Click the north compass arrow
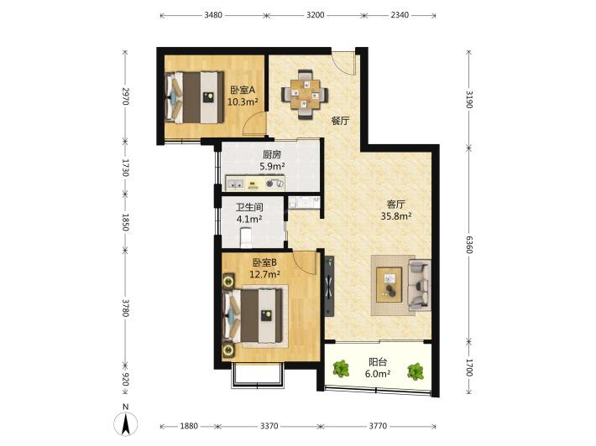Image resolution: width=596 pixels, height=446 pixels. coord(125,424)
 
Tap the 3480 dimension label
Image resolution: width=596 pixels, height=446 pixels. coord(213,15)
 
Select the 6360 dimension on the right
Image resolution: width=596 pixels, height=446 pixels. coord(469,245)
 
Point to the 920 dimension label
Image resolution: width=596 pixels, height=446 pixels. coord(126,379)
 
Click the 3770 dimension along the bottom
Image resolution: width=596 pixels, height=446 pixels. coord(378,426)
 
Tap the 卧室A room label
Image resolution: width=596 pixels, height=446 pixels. coord(243,90)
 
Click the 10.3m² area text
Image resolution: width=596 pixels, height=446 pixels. coord(243,101)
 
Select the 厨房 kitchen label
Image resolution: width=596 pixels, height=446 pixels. coord(272,154)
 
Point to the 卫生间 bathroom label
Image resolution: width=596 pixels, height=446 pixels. coord(249,207)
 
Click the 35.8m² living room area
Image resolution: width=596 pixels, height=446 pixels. coord(396,216)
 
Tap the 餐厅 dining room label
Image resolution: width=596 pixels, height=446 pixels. coord(340,121)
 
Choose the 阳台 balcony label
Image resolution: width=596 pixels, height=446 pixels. coord(378,362)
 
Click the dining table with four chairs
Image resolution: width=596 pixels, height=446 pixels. coord(305,94)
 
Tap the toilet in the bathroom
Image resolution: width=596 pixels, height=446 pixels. coord(246,237)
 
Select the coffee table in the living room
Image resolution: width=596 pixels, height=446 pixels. coord(389,285)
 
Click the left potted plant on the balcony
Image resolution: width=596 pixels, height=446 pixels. coord(341,369)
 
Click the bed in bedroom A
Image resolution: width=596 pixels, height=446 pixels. coord(194,97)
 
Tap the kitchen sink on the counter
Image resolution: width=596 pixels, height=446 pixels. coord(236,184)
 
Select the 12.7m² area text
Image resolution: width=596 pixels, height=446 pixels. coord(264,274)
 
